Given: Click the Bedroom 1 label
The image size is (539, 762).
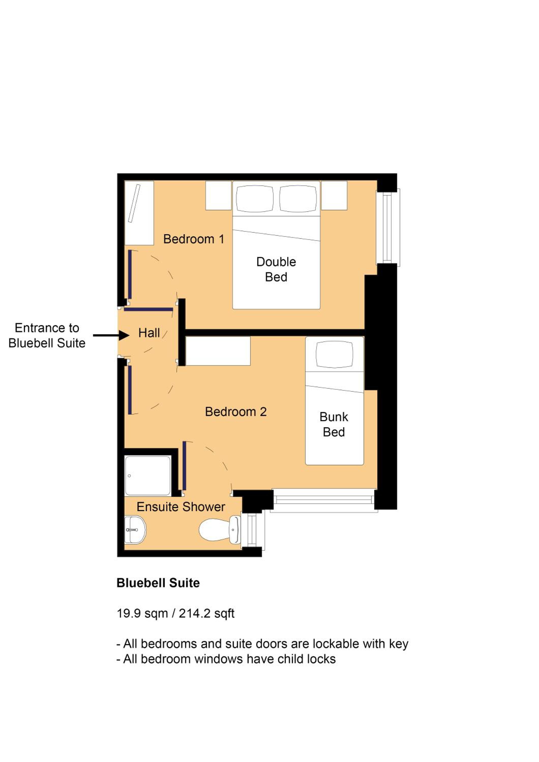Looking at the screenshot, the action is (x=194, y=239).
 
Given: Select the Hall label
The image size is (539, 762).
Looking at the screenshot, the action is (x=149, y=333).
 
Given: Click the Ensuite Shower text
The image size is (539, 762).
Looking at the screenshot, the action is (x=181, y=507).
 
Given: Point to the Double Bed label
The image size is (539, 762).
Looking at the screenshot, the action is (x=276, y=269).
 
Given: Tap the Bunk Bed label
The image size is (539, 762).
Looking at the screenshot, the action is (x=334, y=424).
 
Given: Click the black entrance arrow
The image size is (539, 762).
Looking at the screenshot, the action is (x=111, y=335).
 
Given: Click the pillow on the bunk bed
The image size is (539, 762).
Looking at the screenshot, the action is (x=334, y=354).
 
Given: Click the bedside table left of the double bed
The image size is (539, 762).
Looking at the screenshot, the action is (x=218, y=196).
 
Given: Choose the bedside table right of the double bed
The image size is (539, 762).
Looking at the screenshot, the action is (x=334, y=196).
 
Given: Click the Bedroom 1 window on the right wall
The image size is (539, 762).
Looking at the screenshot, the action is (x=388, y=228).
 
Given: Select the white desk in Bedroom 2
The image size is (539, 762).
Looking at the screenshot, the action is (x=218, y=351).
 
